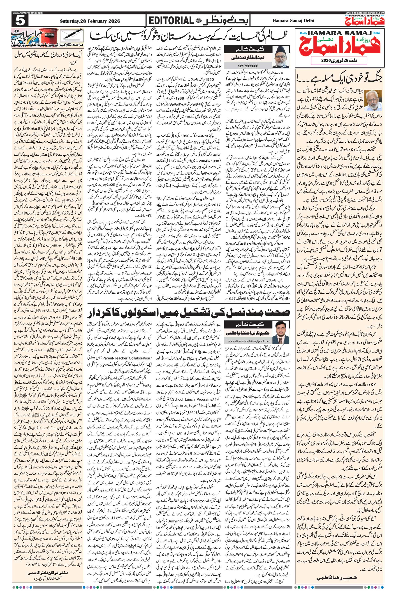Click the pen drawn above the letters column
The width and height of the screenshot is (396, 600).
point(73,34)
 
